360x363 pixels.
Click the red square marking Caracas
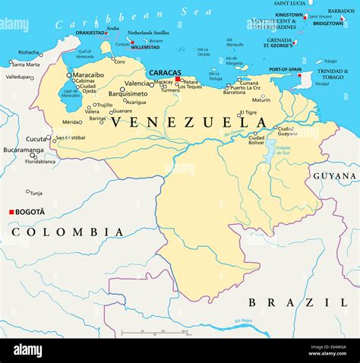(x=177, y=79)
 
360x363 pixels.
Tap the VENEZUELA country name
(x=189, y=122)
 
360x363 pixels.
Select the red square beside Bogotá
(x=11, y=212)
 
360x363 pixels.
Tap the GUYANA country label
(x=335, y=175)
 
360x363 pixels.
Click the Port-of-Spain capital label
(x=287, y=69)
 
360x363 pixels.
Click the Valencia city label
(x=137, y=84)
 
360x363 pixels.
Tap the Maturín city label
(x=261, y=99)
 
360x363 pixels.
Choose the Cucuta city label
(x=36, y=139)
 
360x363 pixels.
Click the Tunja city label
(x=36, y=193)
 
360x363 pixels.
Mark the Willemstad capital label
(x=145, y=47)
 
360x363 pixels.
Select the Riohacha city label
(x=29, y=52)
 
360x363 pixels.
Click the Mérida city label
(x=71, y=122)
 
